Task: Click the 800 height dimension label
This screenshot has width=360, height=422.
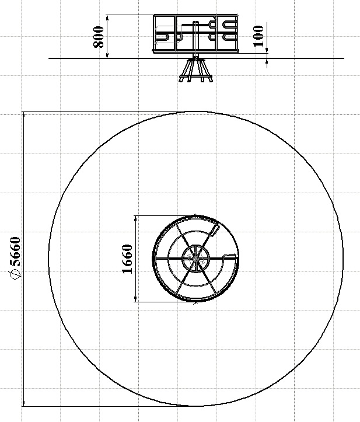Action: click(98, 37)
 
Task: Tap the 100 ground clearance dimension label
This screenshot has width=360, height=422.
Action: click(258, 36)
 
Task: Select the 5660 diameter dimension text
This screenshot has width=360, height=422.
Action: click(15, 252)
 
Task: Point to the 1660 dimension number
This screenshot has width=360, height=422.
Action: click(127, 259)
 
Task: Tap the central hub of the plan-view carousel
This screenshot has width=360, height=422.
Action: click(195, 259)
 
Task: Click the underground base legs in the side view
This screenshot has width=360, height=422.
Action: click(196, 71)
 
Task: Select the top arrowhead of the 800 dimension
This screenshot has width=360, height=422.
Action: click(107, 18)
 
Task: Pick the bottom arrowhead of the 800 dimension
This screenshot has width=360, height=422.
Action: click(107, 55)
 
